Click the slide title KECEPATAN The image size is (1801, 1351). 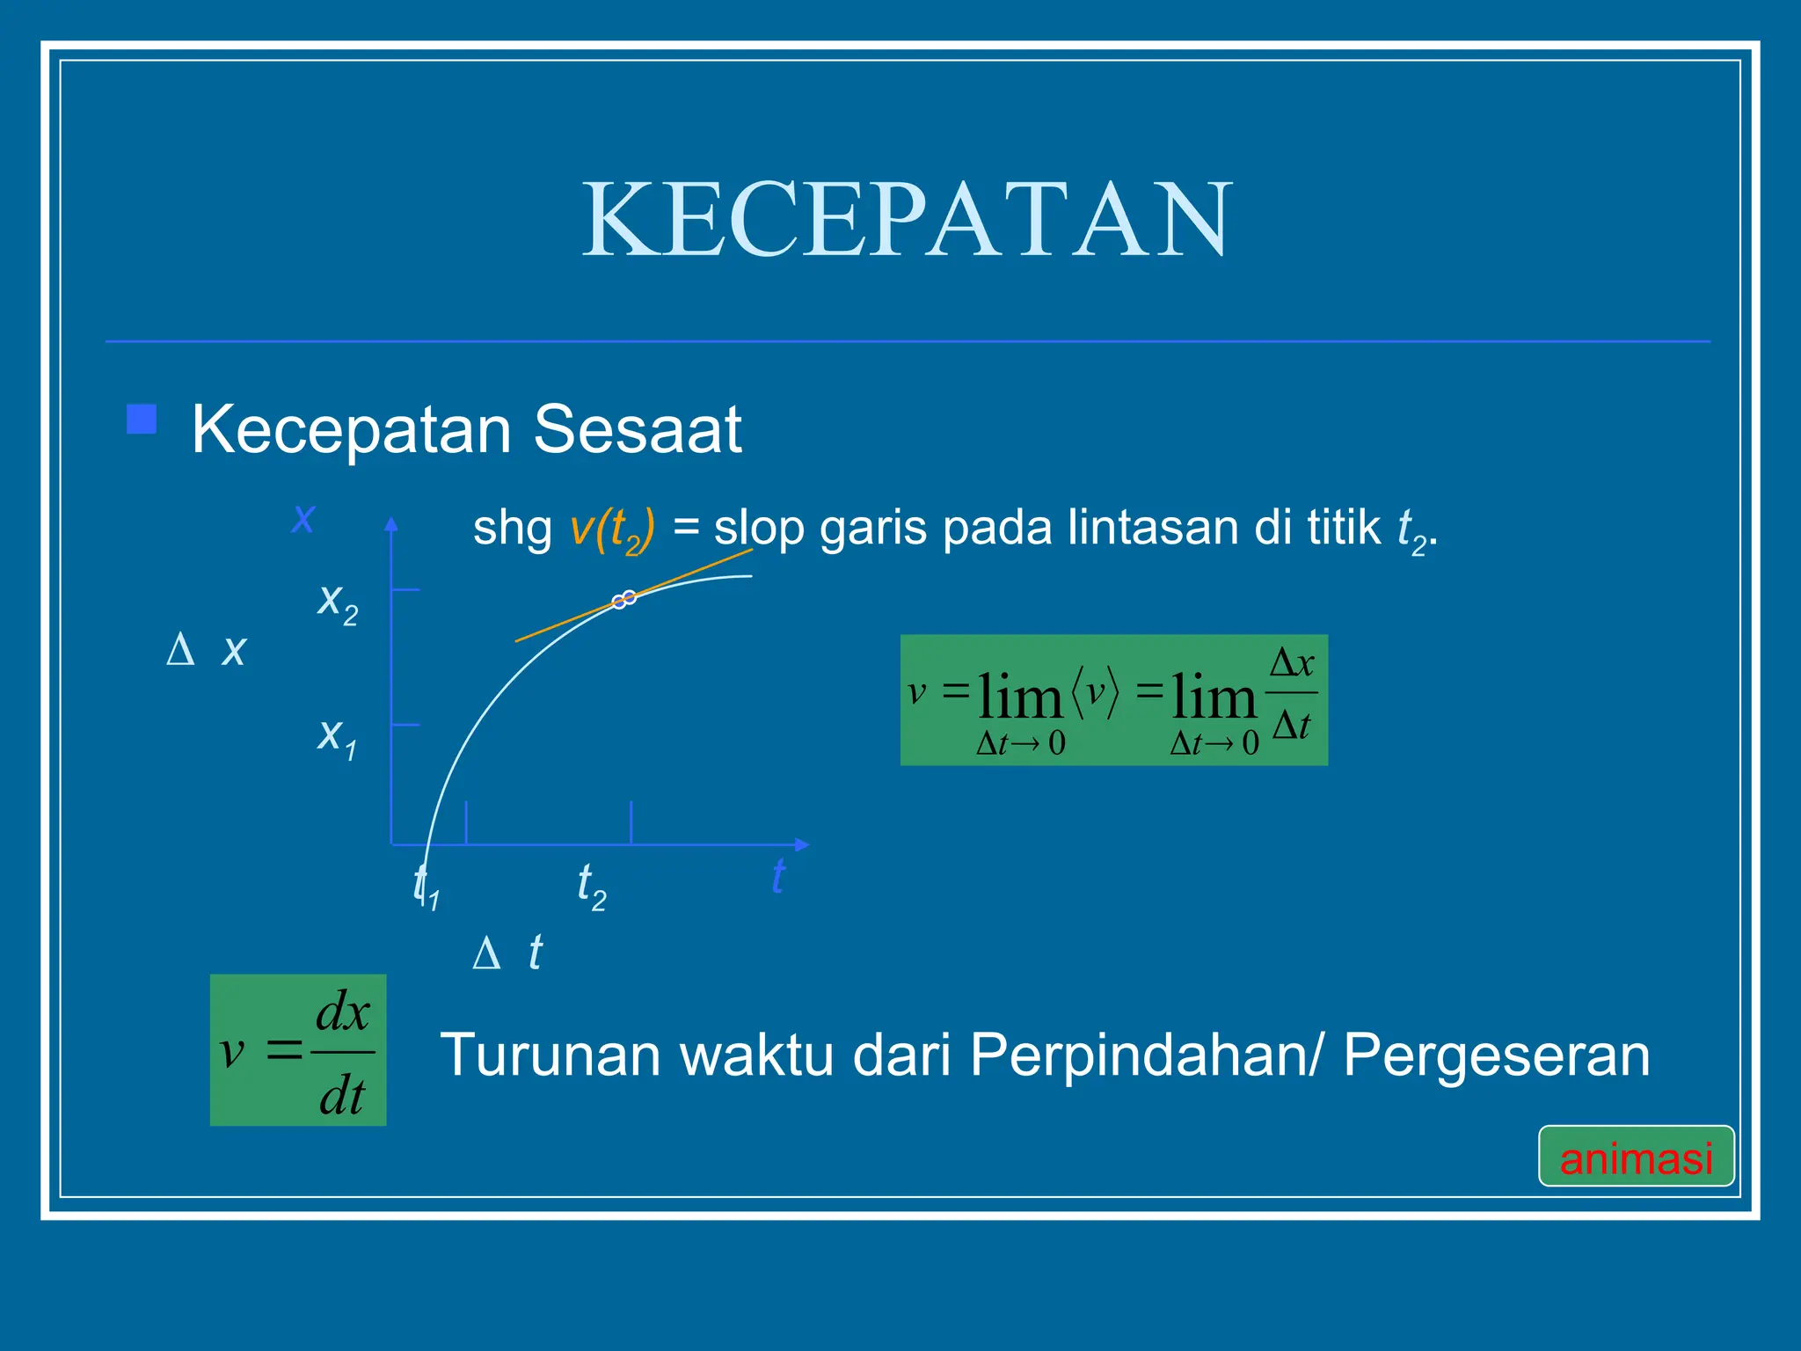tap(908, 219)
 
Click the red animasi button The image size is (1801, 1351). tap(1636, 1157)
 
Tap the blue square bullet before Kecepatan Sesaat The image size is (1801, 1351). tap(142, 420)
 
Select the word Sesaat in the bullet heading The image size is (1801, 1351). tap(638, 429)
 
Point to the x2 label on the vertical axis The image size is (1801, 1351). tap(338, 603)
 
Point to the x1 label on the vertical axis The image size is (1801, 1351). tap(337, 736)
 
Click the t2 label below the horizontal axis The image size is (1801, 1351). tap(591, 886)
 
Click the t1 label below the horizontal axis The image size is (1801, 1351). tap(427, 886)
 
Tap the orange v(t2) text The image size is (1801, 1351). tap(612, 529)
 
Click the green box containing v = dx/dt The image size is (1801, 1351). tap(298, 1050)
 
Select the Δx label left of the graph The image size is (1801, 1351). tap(208, 650)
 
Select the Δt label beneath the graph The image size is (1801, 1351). tap(508, 953)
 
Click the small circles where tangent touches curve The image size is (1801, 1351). tap(623, 600)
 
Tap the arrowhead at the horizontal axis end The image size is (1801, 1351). tap(801, 844)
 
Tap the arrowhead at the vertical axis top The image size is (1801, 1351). tap(391, 524)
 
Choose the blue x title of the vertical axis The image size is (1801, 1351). tap(303, 517)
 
